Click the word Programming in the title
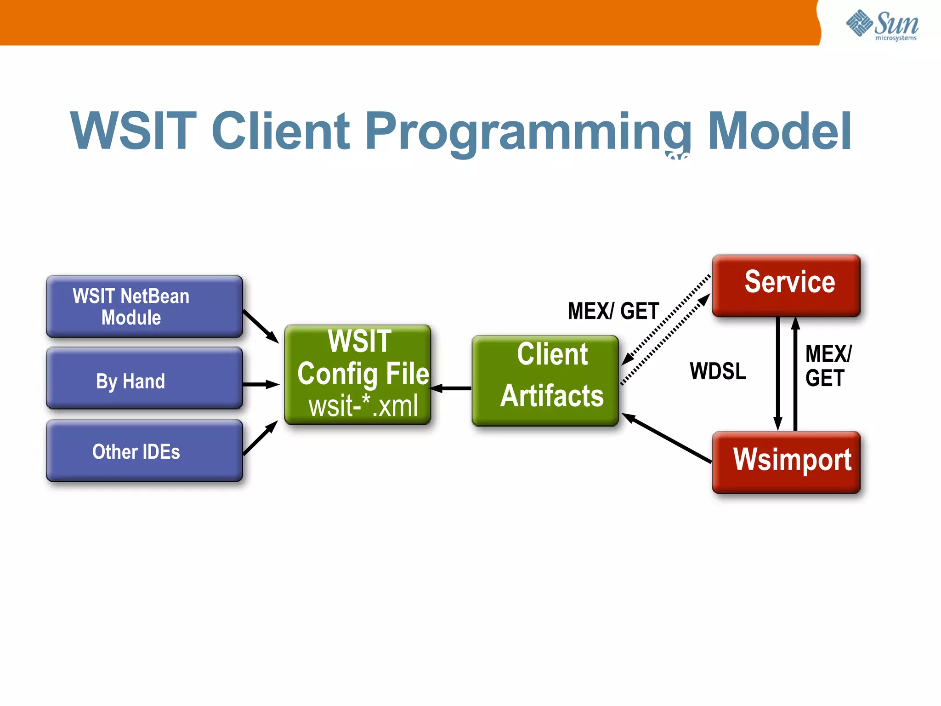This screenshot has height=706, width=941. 528,132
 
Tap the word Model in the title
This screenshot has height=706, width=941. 779,132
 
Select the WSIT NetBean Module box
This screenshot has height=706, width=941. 144,307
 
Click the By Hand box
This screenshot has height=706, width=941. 144,379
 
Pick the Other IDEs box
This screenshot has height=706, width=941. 144,451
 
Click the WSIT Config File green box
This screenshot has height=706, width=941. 357,359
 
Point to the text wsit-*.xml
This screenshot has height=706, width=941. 363,406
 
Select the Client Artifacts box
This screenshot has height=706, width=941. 545,381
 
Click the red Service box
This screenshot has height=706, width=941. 786,286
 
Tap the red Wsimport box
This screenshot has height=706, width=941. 786,462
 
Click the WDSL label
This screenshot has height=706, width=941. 718,371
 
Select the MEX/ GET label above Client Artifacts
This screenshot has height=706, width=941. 613,311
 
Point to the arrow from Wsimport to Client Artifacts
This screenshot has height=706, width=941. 666,438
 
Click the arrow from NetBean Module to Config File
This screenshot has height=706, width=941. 261,326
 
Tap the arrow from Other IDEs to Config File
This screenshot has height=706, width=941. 260,438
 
